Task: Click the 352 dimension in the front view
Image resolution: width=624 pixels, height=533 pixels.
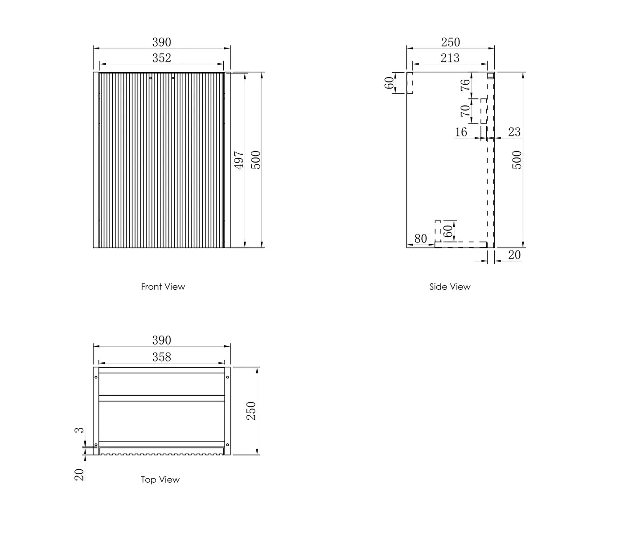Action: pos(161,58)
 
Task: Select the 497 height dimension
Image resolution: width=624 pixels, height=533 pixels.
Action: pos(239,160)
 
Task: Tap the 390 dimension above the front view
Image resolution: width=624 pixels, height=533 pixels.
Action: pos(161,42)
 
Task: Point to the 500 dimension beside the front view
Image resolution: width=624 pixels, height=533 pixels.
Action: pos(255,160)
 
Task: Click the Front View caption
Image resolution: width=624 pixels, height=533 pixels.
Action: pos(163,287)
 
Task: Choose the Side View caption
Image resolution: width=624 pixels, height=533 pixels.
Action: pos(450,287)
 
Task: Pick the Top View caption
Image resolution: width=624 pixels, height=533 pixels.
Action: pos(160,480)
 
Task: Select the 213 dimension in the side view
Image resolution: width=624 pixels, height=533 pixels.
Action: pos(450,58)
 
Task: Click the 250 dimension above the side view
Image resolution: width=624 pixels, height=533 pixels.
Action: pos(450,42)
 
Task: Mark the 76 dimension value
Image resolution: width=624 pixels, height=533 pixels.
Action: pos(465,85)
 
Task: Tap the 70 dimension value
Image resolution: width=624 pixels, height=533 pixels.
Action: pos(465,110)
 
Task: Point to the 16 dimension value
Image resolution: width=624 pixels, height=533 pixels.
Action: pos(461,132)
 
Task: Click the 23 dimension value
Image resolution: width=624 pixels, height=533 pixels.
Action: pos(514,132)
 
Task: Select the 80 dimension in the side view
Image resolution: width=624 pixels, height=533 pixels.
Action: pos(420,239)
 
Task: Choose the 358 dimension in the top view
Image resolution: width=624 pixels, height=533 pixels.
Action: pos(161,357)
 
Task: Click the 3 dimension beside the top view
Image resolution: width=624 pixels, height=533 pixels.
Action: pos(79,430)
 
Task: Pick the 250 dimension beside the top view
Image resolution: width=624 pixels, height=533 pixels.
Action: pos(251,410)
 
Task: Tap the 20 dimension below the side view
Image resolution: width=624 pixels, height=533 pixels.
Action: pos(514,255)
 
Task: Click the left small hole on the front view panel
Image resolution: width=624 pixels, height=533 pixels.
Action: pos(151,78)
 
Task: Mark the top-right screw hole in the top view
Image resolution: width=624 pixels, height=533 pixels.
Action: pos(227,377)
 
